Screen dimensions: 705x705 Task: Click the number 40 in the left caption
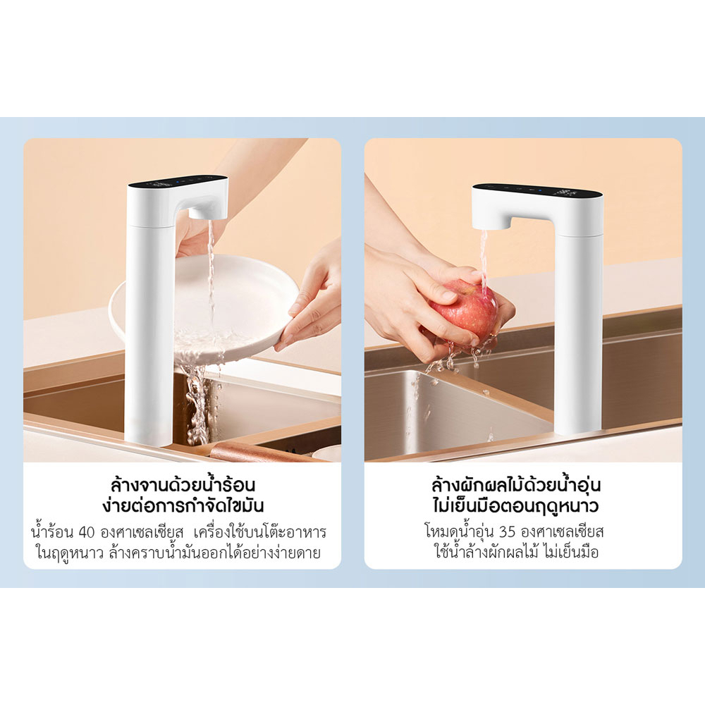(x=86, y=532)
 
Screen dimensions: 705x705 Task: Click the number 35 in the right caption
(x=507, y=532)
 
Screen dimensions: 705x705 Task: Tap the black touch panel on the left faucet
(x=178, y=182)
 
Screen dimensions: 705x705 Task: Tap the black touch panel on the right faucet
(x=537, y=190)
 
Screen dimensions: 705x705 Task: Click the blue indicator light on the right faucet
(x=534, y=190)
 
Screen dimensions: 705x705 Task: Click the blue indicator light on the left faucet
(x=178, y=181)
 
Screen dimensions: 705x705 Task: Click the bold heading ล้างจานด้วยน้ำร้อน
(x=183, y=485)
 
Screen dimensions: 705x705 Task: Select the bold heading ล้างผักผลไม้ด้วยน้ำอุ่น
(x=516, y=485)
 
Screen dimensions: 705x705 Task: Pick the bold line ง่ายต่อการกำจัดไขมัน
(x=183, y=505)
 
